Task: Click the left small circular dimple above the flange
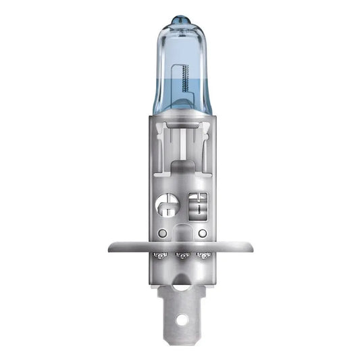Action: [163, 233]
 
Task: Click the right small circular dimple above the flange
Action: [201, 233]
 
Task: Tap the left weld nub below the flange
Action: [159, 257]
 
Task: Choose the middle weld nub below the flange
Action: [181, 257]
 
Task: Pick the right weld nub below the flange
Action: [202, 257]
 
